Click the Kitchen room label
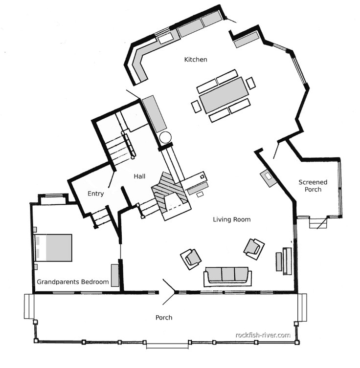click(196, 60)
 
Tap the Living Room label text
click(231, 219)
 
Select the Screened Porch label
click(313, 186)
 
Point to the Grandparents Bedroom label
click(73, 282)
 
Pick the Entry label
click(96, 194)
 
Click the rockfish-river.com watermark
click(263, 335)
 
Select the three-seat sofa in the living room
click(227, 276)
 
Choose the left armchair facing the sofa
click(191, 259)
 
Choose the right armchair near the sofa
click(254, 248)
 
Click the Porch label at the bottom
click(164, 318)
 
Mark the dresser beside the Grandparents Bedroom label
click(115, 275)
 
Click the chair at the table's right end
click(251, 83)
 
